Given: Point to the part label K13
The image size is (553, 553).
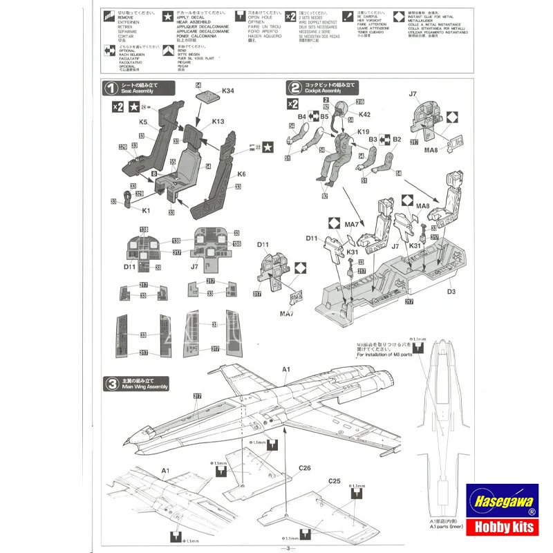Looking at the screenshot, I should (x=218, y=122).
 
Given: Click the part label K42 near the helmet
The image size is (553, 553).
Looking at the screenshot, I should (x=366, y=114).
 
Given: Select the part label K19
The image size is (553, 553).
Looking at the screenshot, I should (x=364, y=131).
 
